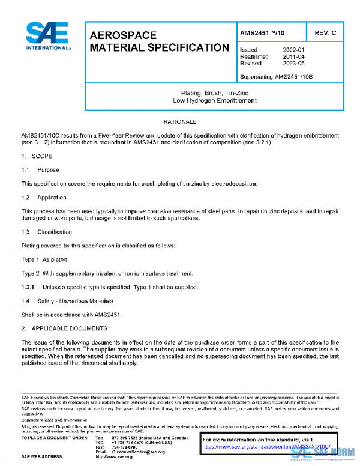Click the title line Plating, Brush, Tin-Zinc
[214, 93]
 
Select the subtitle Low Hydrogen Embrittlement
[214, 100]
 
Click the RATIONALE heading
[180, 122]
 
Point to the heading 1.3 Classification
[46, 232]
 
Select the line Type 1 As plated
[45, 259]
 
